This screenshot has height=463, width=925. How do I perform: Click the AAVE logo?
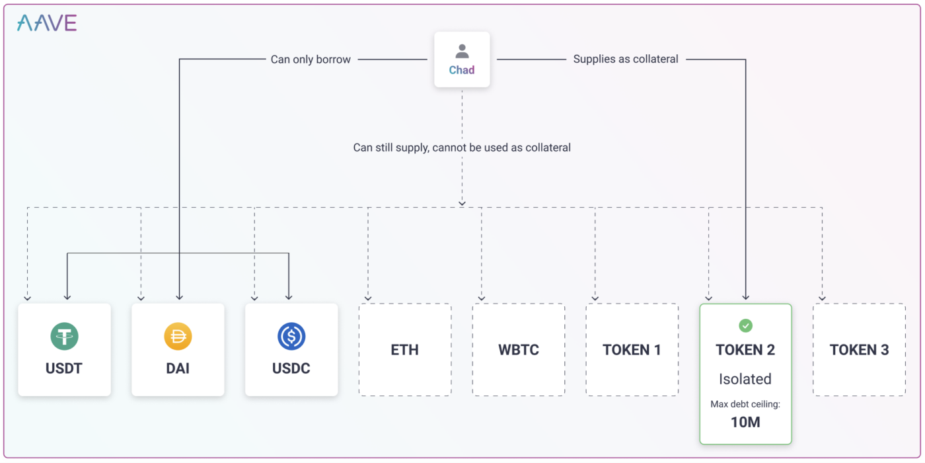tap(47, 22)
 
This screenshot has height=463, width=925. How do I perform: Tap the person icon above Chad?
tap(462, 52)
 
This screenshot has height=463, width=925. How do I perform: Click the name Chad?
tap(462, 70)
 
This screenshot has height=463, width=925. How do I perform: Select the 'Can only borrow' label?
tap(311, 60)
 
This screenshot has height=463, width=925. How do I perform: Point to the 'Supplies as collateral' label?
tap(626, 59)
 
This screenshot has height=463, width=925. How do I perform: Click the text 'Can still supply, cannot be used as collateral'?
tap(462, 147)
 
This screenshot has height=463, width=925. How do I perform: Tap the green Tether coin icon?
tap(65, 336)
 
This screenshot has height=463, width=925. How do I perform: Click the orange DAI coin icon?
tap(178, 336)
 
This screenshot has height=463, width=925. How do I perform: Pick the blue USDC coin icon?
tap(291, 336)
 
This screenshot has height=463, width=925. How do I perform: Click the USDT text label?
tap(64, 368)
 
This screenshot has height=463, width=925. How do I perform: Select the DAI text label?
tap(178, 368)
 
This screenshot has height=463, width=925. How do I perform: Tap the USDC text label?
tap(291, 368)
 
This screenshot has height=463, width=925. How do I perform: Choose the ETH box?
tap(405, 350)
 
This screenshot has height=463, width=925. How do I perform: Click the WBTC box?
tap(519, 350)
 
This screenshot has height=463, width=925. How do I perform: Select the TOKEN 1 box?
tap(632, 350)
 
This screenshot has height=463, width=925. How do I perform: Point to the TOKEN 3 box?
tap(860, 350)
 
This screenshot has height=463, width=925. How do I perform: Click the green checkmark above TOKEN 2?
tap(746, 325)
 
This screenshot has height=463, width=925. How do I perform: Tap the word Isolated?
tap(745, 379)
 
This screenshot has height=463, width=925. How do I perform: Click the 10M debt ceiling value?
tap(745, 422)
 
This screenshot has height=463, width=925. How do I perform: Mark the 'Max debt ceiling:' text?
tap(745, 404)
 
